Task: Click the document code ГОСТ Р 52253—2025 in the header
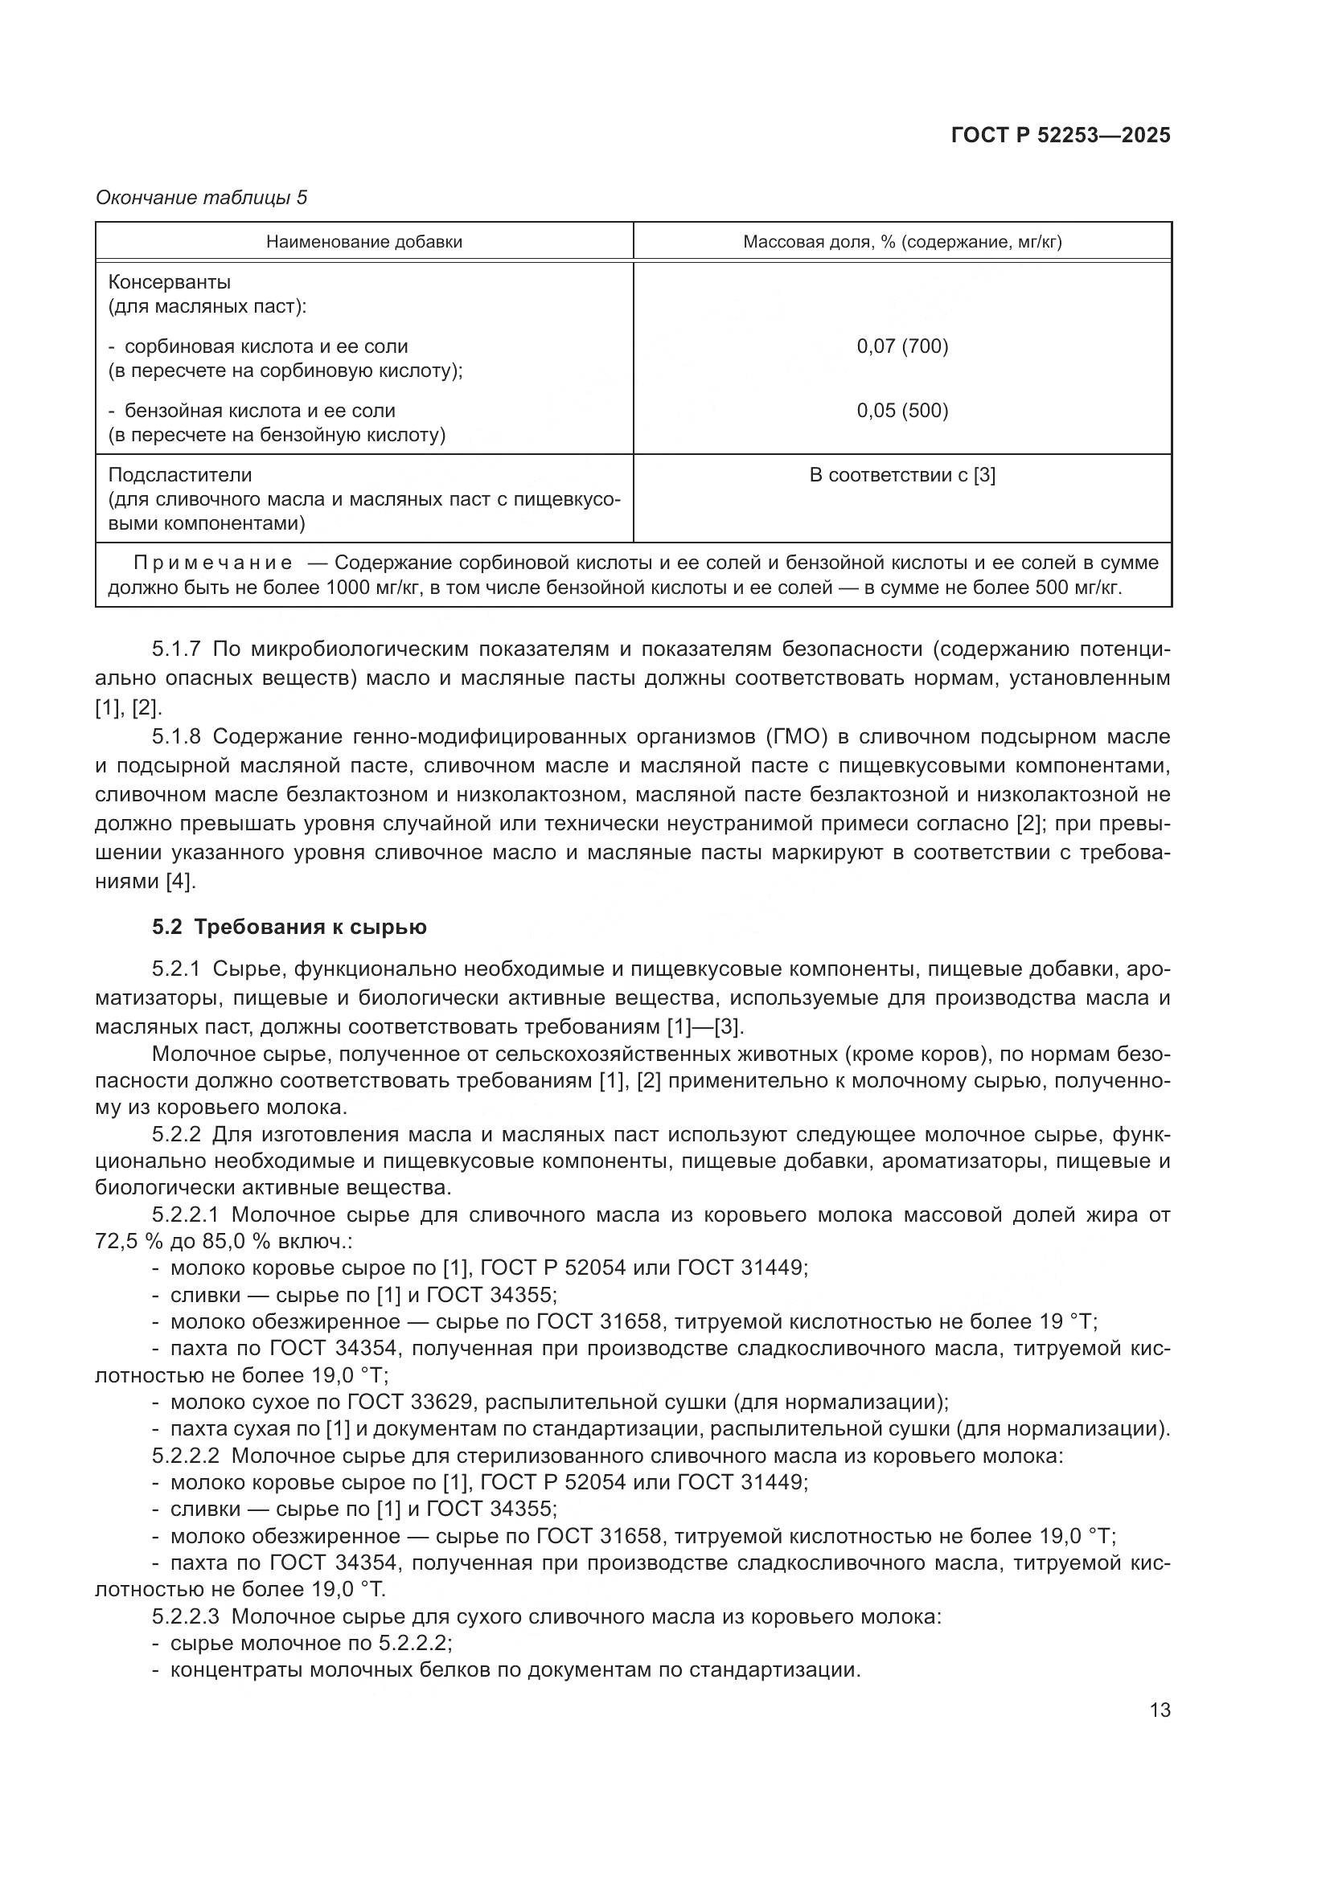(1061, 135)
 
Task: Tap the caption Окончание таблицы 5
(202, 198)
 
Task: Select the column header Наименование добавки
(363, 242)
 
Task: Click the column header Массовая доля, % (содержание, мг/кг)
(901, 242)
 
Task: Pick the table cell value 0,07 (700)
(901, 346)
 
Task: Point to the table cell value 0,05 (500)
(901, 410)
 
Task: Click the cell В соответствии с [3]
(901, 475)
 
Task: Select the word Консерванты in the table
(170, 282)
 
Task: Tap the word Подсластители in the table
(180, 475)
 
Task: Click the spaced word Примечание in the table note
(213, 563)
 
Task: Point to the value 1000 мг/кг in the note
(371, 587)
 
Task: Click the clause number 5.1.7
(176, 649)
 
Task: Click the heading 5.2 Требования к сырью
(289, 927)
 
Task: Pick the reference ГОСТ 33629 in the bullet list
(411, 1402)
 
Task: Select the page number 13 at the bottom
(1160, 1710)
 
